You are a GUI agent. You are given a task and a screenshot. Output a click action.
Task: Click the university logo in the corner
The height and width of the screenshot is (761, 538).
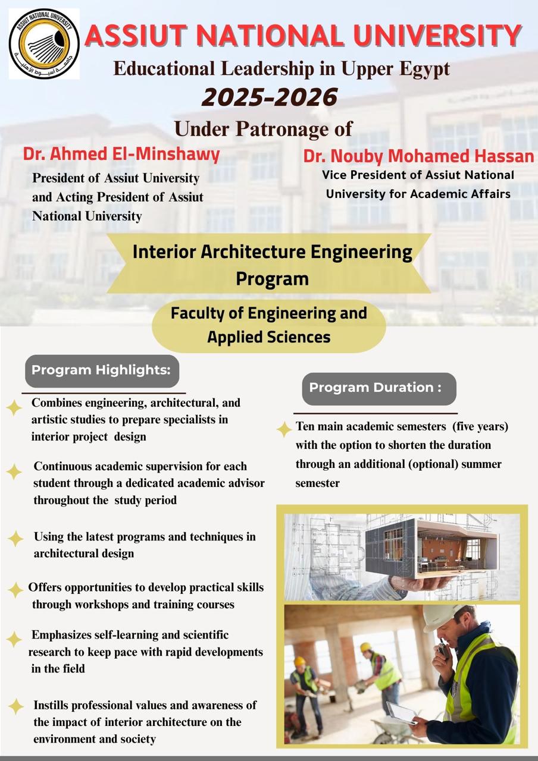43,43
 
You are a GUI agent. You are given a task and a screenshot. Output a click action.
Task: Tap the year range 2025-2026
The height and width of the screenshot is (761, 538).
270,97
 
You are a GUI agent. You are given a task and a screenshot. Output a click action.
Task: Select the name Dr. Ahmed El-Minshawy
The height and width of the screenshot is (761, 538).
121,154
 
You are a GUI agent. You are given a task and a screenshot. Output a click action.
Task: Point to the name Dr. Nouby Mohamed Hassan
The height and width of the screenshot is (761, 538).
418,156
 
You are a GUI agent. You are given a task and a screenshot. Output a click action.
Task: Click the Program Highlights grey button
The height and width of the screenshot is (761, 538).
102,370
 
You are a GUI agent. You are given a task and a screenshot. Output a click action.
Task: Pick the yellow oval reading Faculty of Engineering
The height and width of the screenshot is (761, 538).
269,325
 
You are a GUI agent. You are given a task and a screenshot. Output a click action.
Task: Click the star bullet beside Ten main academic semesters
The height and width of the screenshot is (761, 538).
284,429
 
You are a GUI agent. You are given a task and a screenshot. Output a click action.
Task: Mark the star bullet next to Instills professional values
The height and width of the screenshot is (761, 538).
15,706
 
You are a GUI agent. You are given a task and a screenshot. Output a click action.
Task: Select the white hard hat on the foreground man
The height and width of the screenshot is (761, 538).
443,616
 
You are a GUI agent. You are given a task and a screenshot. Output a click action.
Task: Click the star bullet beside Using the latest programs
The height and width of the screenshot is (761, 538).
15,539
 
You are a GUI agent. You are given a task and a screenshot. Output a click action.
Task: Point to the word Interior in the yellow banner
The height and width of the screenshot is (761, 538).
164,252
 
